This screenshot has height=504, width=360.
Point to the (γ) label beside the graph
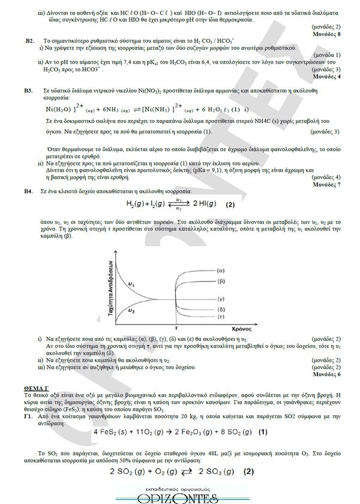pyautogui.click(x=221, y=298)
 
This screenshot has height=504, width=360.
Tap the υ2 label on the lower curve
pyautogui.click(x=131, y=312)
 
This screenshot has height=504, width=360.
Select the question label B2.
pyautogui.click(x=29, y=40)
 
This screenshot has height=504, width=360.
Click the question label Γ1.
pyautogui.click(x=28, y=415)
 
